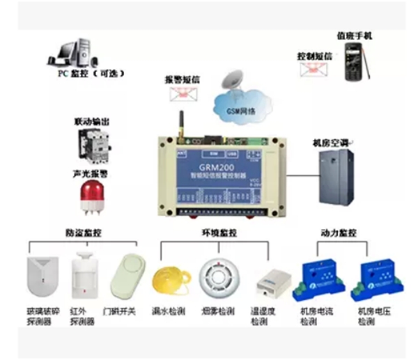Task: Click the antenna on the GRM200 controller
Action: coord(180,124)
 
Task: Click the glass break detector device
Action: coord(40,279)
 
